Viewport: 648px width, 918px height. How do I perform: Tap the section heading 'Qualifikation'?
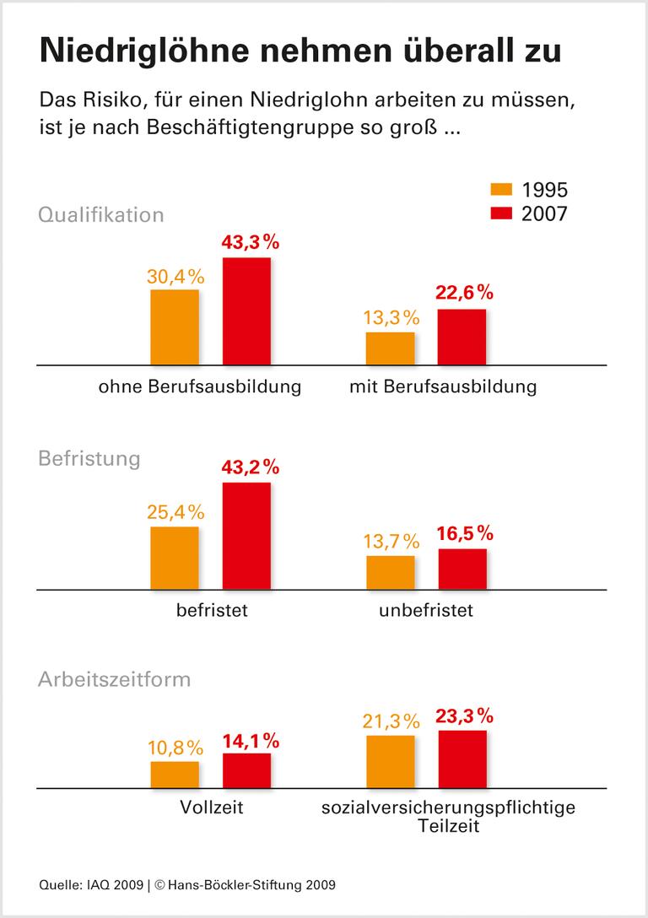click(x=100, y=214)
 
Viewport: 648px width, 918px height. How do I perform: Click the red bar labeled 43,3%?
click(x=246, y=310)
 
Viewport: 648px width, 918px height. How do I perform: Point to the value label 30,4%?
click(x=175, y=276)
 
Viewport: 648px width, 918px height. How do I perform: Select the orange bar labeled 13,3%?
click(x=391, y=348)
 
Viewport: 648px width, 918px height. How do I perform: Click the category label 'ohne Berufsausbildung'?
click(x=200, y=388)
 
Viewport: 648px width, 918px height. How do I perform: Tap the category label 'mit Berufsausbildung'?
click(x=442, y=388)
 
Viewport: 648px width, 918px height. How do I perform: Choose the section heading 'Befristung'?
click(x=89, y=458)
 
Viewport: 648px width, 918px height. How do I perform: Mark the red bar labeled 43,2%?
click(x=246, y=536)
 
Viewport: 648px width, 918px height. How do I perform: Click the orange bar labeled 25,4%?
click(x=175, y=558)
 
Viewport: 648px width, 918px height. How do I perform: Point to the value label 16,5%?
click(x=463, y=535)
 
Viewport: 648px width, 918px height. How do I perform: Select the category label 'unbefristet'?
click(x=426, y=610)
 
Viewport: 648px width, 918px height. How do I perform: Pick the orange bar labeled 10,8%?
click(x=175, y=774)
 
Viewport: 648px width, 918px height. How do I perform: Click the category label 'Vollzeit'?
click(x=212, y=807)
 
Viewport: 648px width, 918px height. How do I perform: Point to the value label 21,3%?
click(x=390, y=721)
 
